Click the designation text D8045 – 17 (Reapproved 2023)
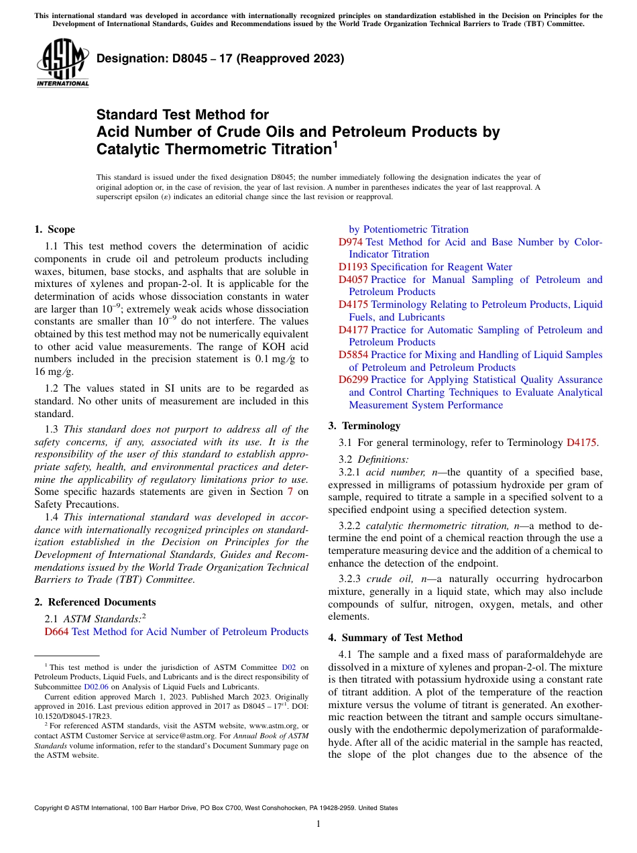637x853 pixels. point(221,58)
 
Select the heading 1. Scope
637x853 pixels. point(55,229)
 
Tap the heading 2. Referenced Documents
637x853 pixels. point(95,602)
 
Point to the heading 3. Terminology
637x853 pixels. point(364,426)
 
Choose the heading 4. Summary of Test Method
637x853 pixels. point(395,638)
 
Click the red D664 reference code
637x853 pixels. point(56,632)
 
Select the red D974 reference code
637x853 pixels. point(351,242)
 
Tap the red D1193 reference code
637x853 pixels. point(353,267)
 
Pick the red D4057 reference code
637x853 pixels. point(353,280)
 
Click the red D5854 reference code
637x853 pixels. point(353,355)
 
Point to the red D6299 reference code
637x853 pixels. point(353,380)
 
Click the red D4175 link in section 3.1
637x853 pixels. point(581,443)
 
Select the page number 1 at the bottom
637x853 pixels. point(318,823)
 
